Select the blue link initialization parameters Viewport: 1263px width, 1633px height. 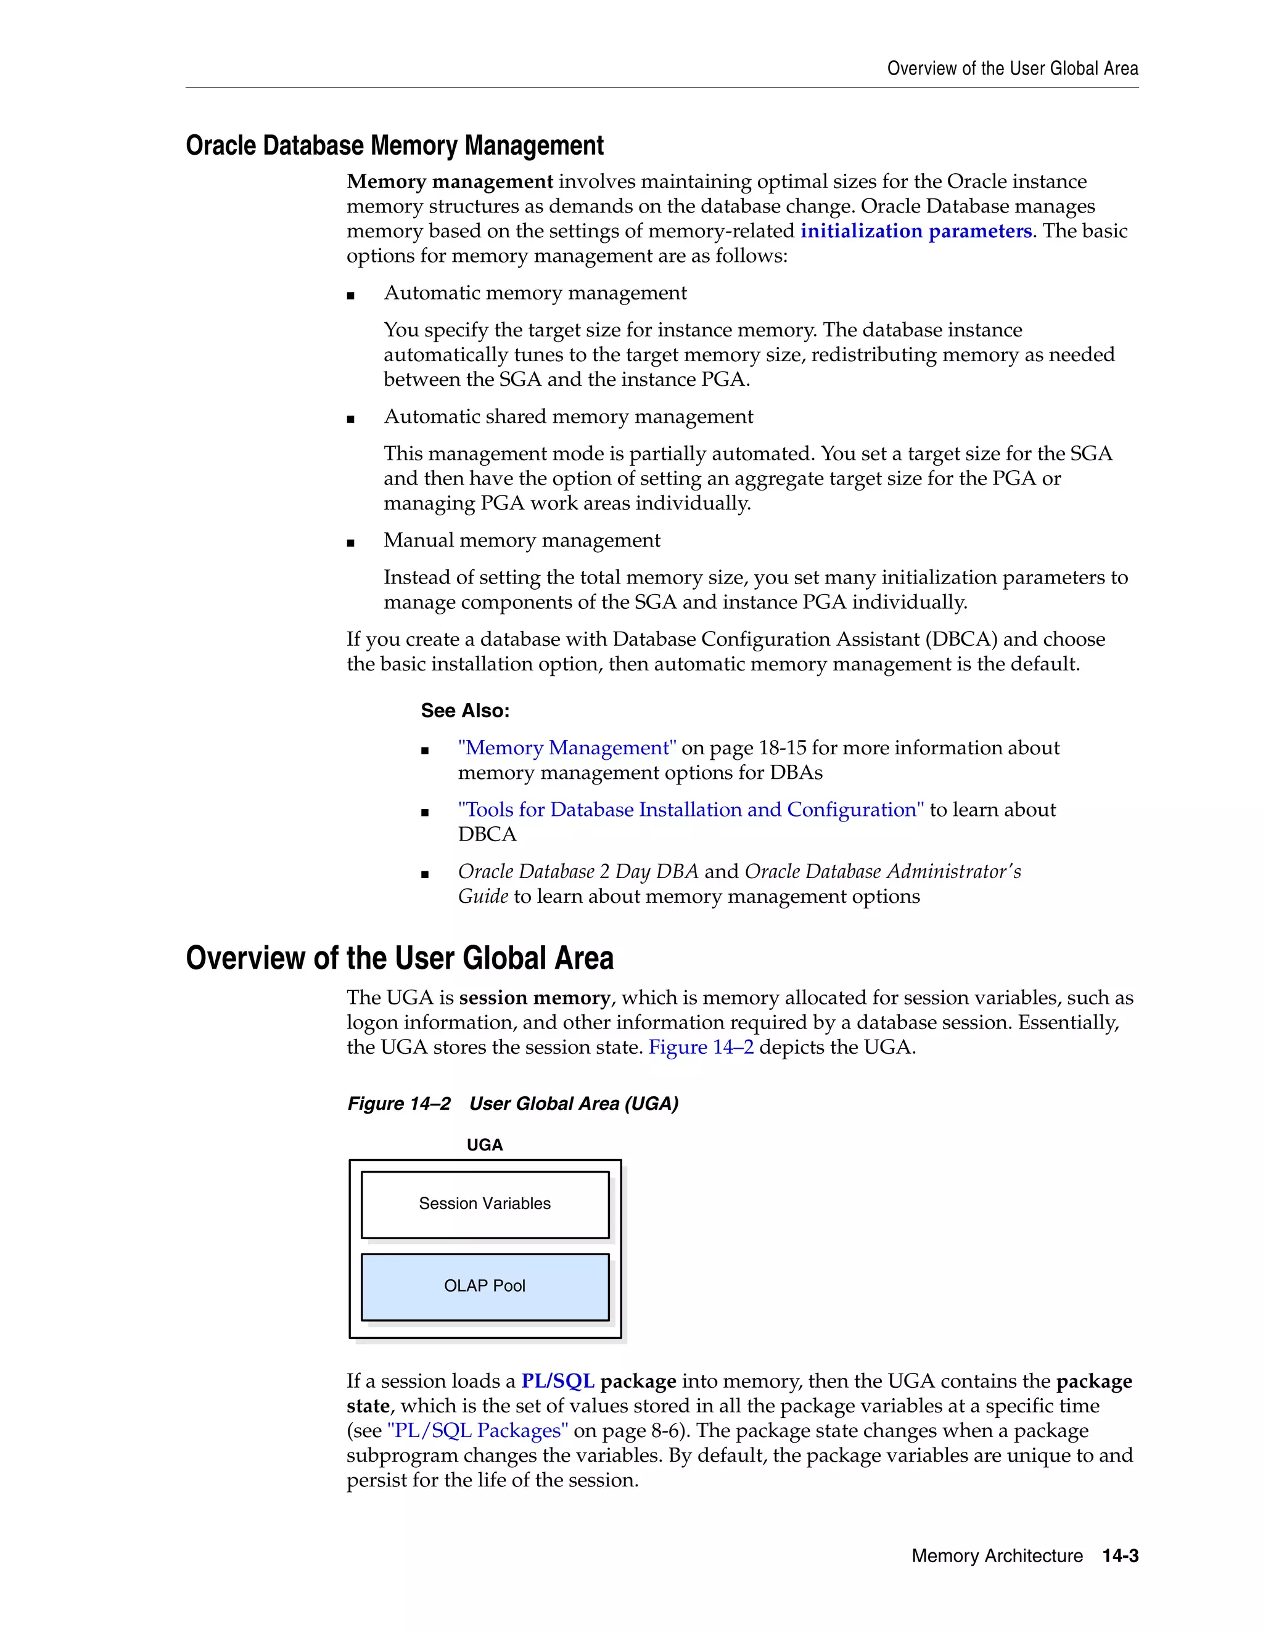[916, 231]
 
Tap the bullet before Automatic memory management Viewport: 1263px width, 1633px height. [351, 296]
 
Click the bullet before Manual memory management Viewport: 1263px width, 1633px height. [351, 544]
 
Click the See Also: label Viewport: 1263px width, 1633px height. [464, 711]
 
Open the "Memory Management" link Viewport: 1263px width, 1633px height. [567, 747]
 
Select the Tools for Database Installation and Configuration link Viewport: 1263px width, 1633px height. [691, 810]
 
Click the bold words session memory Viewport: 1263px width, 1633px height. [534, 998]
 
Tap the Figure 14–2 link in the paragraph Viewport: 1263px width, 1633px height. [701, 1047]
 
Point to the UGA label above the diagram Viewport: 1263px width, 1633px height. [485, 1145]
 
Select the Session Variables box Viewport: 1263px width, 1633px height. [485, 1204]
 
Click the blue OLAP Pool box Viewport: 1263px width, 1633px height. [485, 1286]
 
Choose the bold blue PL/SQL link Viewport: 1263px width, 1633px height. [557, 1381]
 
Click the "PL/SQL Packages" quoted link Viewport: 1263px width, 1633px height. [477, 1430]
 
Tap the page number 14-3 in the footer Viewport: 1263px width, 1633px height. [1120, 1556]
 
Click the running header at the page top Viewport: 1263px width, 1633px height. [1013, 69]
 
